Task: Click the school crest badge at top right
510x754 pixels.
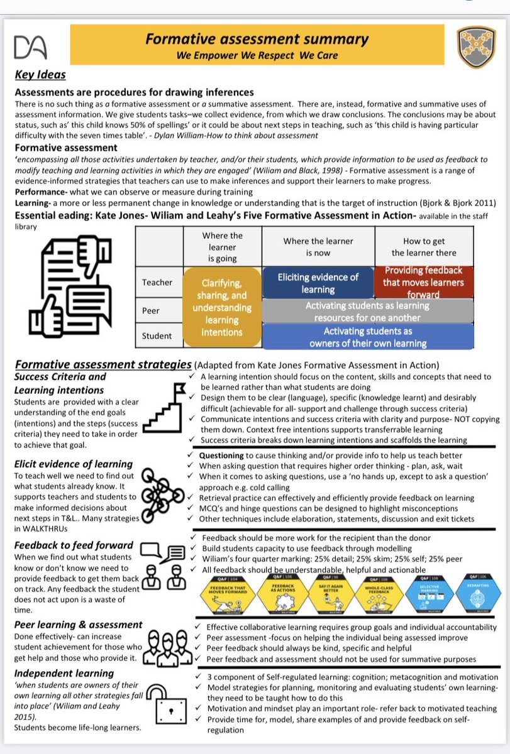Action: (476, 46)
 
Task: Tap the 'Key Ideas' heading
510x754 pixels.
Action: (40, 75)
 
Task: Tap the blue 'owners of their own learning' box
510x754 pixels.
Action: (367, 337)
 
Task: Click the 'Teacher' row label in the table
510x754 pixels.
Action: (157, 282)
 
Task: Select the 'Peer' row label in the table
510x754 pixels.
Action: (157, 310)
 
